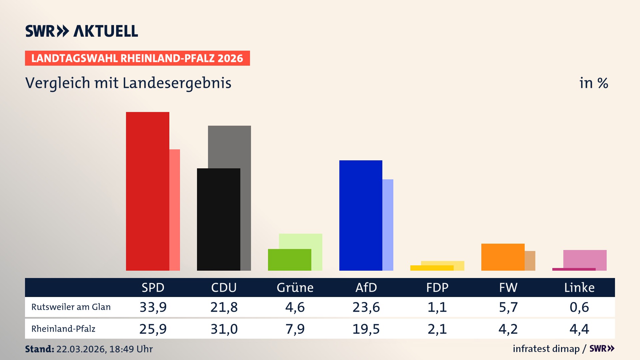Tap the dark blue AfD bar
[361, 215]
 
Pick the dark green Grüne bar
[289, 260]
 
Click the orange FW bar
[503, 257]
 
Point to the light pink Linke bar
[585, 258]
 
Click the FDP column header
[437, 287]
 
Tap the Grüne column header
[295, 287]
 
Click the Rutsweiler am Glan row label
[71, 307]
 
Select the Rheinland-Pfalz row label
[63, 329]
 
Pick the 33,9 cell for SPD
[153, 307]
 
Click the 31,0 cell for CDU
[224, 329]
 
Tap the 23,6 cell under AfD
[366, 307]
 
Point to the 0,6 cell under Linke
[579, 307]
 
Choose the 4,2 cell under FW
[508, 329]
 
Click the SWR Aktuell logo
[82, 31]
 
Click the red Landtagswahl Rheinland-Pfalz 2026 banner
[137, 58]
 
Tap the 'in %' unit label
[594, 83]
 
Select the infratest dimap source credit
[546, 349]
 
